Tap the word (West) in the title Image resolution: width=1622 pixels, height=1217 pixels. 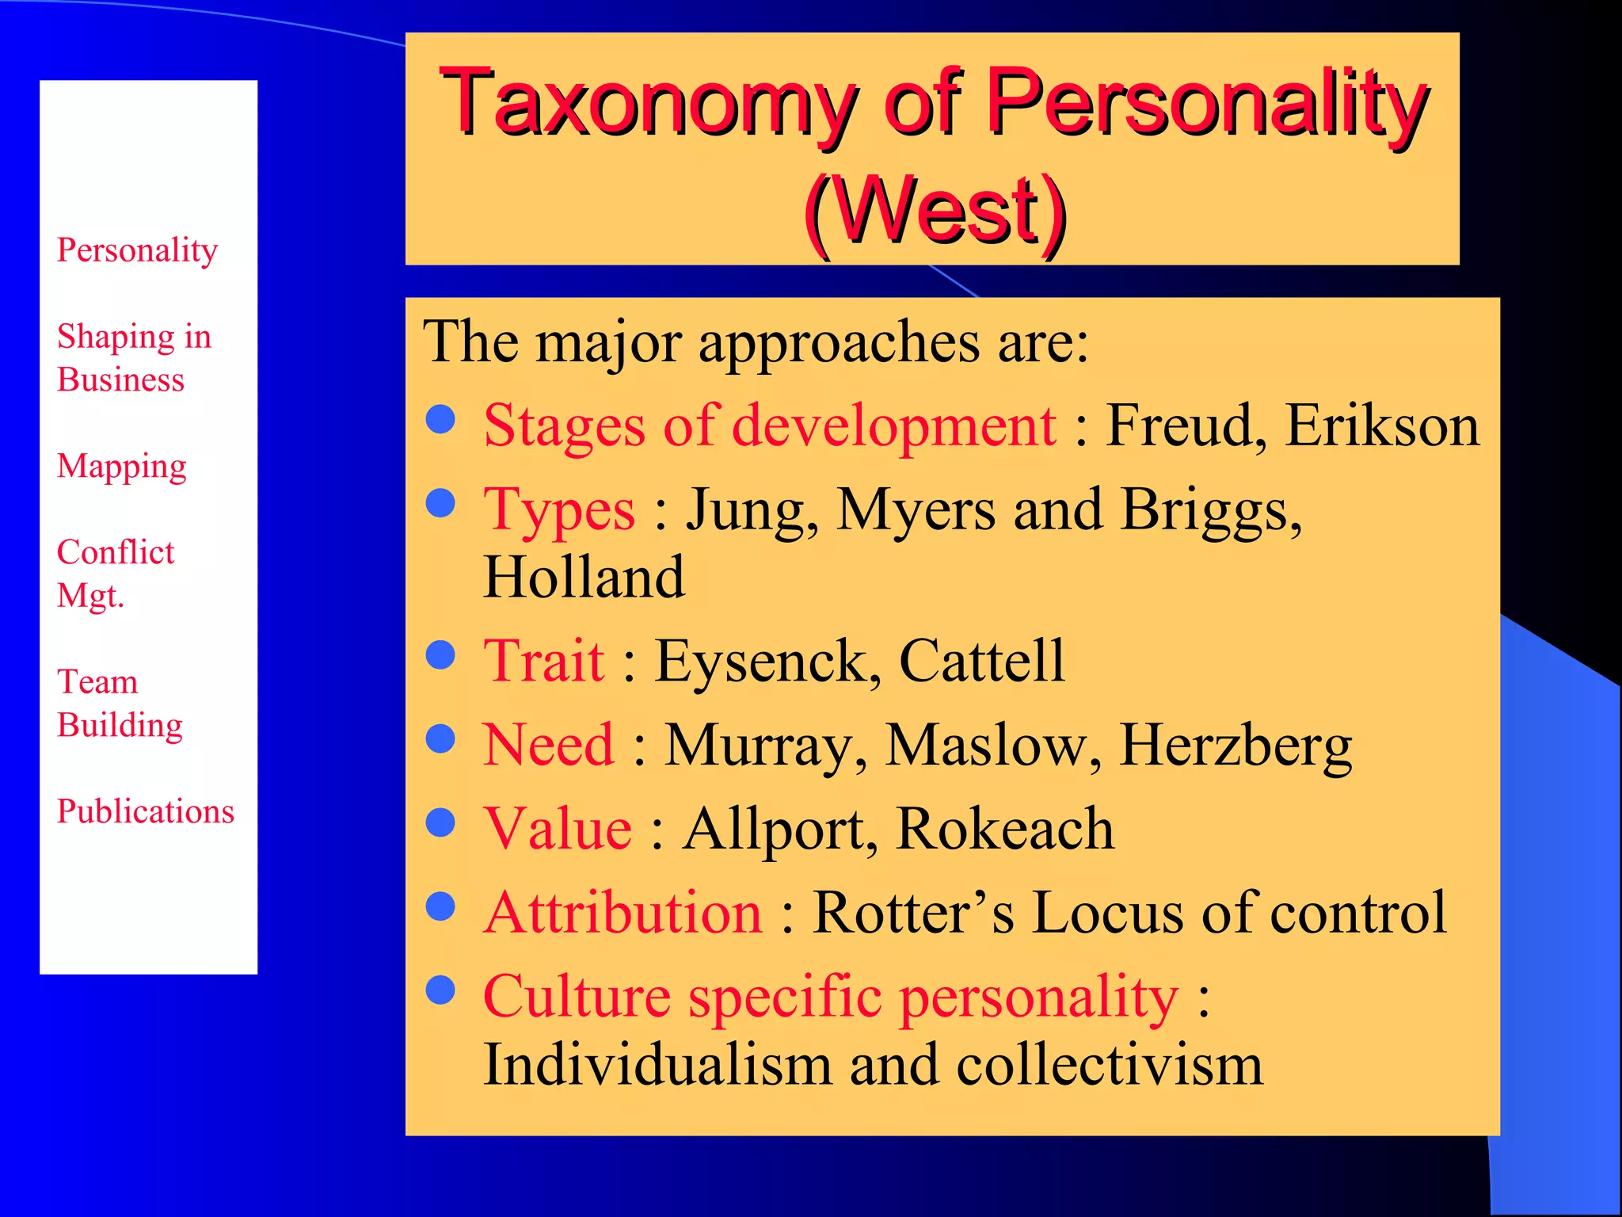pyautogui.click(x=935, y=211)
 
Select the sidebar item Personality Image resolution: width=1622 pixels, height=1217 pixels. pyautogui.click(x=137, y=250)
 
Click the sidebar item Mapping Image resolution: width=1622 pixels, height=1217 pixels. pyautogui.click(x=122, y=467)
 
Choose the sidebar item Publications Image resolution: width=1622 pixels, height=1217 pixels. pyautogui.click(x=146, y=811)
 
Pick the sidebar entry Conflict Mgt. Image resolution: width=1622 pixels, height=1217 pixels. pyautogui.click(x=115, y=573)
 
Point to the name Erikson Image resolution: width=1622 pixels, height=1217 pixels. pyautogui.click(x=1382, y=426)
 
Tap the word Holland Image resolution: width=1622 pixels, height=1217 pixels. pyautogui.click(x=584, y=577)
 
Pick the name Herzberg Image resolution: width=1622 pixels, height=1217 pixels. pyautogui.click(x=1236, y=746)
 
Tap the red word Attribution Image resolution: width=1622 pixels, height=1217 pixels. pyautogui.click(x=623, y=913)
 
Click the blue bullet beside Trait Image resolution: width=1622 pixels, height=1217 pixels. pyautogui.click(x=440, y=655)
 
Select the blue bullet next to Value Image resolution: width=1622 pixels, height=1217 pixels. pyautogui.click(x=440, y=822)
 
